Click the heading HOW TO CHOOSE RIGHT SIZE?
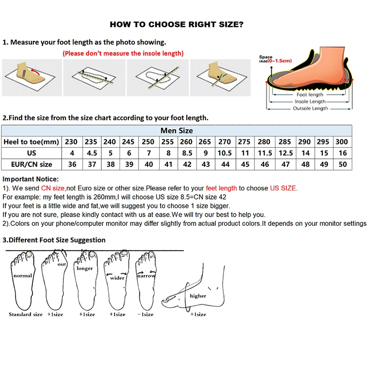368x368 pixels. coord(177,24)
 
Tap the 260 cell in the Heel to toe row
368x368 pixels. coord(186,142)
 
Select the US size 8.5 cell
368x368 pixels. coord(186,153)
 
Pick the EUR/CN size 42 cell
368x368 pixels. coord(186,164)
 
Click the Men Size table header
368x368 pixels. coord(177,131)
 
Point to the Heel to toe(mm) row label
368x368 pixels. coord(31,142)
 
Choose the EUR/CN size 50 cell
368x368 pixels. coord(342,164)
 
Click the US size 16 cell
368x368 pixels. coord(342,153)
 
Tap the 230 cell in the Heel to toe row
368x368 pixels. coord(71,142)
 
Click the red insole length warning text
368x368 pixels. coord(123,53)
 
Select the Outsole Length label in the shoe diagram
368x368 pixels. coord(310,109)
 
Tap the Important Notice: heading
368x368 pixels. coord(31,179)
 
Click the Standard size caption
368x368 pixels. coord(25,314)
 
